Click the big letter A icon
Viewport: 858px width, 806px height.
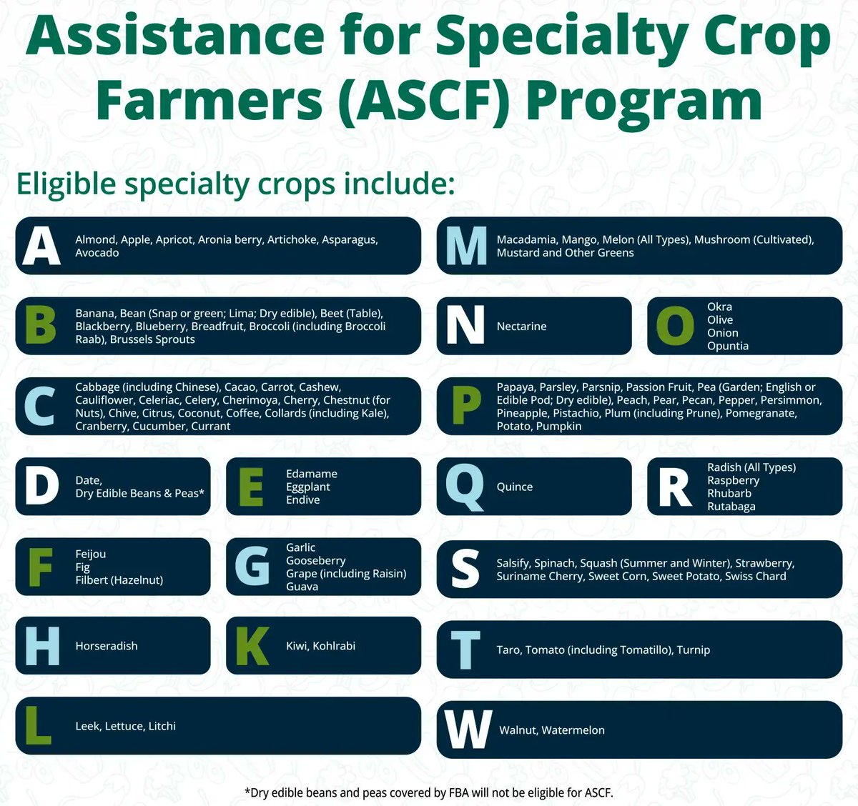point(41,246)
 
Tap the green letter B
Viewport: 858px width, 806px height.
point(40,326)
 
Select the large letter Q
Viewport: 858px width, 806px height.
point(464,487)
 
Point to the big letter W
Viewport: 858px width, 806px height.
point(468,730)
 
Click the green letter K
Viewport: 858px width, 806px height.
point(252,646)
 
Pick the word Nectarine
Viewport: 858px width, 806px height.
point(521,327)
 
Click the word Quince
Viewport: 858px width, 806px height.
point(514,487)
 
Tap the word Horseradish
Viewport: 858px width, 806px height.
point(107,646)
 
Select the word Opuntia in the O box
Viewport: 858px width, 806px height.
point(728,346)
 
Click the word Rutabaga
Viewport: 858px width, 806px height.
point(731,507)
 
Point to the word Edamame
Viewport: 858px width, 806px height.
point(311,474)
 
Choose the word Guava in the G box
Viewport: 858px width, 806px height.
point(302,587)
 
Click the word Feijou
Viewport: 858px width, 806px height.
point(90,554)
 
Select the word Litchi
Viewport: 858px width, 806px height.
point(162,726)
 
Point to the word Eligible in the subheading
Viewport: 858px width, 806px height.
point(66,184)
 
